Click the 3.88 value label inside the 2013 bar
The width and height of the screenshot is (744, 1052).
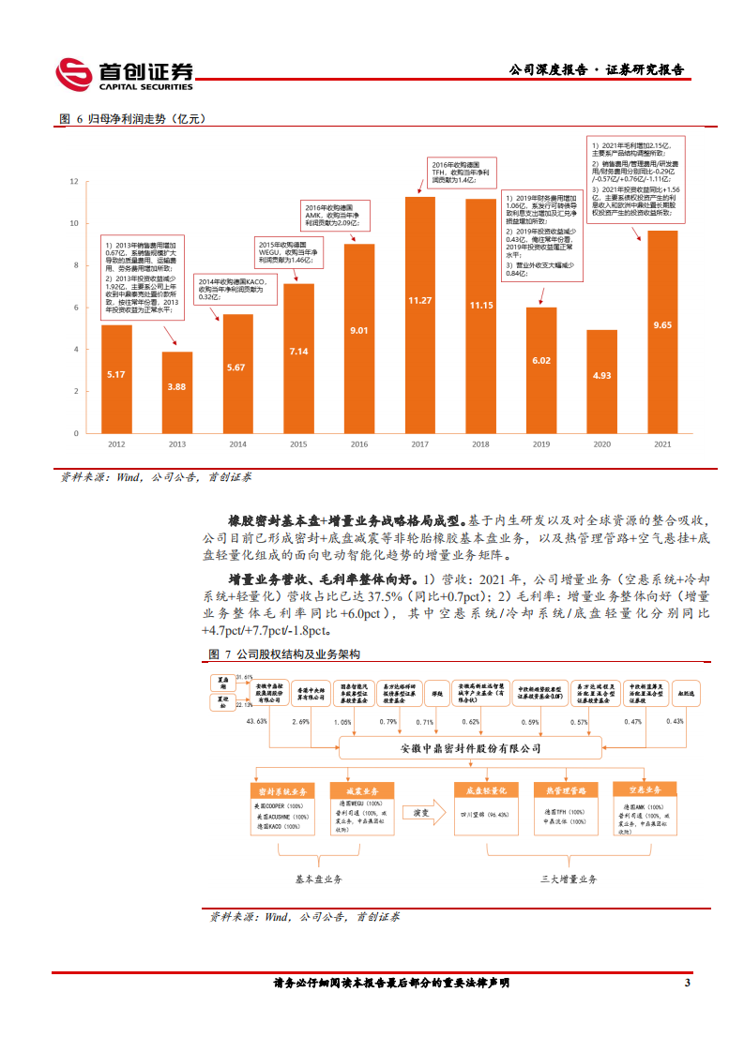(176, 386)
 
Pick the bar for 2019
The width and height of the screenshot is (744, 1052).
(541, 370)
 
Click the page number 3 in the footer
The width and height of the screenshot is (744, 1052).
(688, 983)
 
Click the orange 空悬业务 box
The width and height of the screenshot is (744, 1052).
(644, 789)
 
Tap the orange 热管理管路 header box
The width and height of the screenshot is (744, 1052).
(566, 789)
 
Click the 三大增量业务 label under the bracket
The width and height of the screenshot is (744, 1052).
(569, 880)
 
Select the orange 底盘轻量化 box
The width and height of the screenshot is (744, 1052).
(486, 789)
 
